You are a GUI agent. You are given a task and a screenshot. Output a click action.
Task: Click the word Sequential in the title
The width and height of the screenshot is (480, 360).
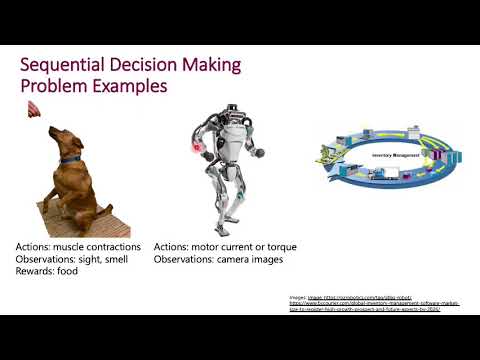click(63, 66)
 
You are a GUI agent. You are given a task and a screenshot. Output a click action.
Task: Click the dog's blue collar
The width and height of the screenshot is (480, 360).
click(69, 159)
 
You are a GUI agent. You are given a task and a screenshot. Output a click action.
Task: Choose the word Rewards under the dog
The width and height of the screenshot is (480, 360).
click(32, 272)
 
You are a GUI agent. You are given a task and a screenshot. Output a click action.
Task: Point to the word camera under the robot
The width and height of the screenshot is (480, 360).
click(237, 259)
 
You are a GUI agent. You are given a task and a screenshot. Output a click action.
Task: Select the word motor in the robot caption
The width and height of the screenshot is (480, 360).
click(208, 246)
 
